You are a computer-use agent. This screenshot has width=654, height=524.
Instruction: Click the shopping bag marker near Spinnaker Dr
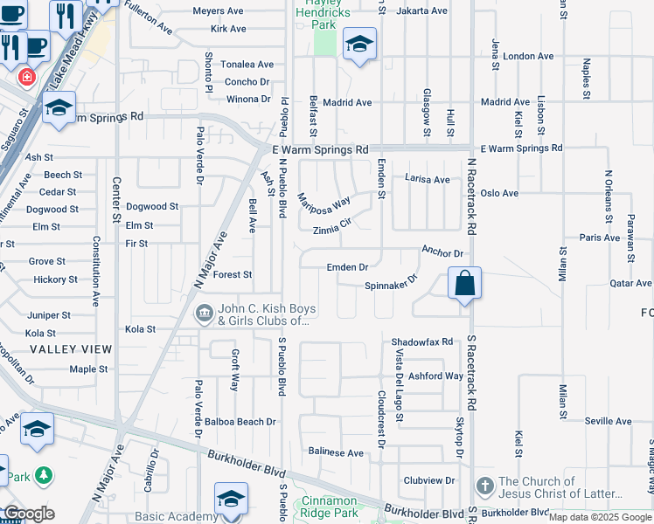point(464,284)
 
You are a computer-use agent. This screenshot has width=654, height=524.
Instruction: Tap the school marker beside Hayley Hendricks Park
point(358,45)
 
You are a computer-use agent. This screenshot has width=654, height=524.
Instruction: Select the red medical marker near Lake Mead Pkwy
point(28,77)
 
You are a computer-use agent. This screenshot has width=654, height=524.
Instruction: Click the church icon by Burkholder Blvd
point(485,485)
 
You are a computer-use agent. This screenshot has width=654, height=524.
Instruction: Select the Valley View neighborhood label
point(71,349)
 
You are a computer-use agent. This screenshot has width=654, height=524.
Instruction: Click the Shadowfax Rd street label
point(422,341)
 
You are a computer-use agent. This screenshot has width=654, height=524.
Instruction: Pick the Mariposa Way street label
point(324,202)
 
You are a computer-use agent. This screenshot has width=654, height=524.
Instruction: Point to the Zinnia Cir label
point(331,231)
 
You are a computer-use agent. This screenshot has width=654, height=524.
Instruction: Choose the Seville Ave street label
point(609,421)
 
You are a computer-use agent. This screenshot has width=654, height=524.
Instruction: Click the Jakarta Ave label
point(421,10)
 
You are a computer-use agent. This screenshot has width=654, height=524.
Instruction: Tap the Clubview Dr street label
point(429,480)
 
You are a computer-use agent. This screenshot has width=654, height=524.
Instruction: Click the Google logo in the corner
point(28,514)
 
